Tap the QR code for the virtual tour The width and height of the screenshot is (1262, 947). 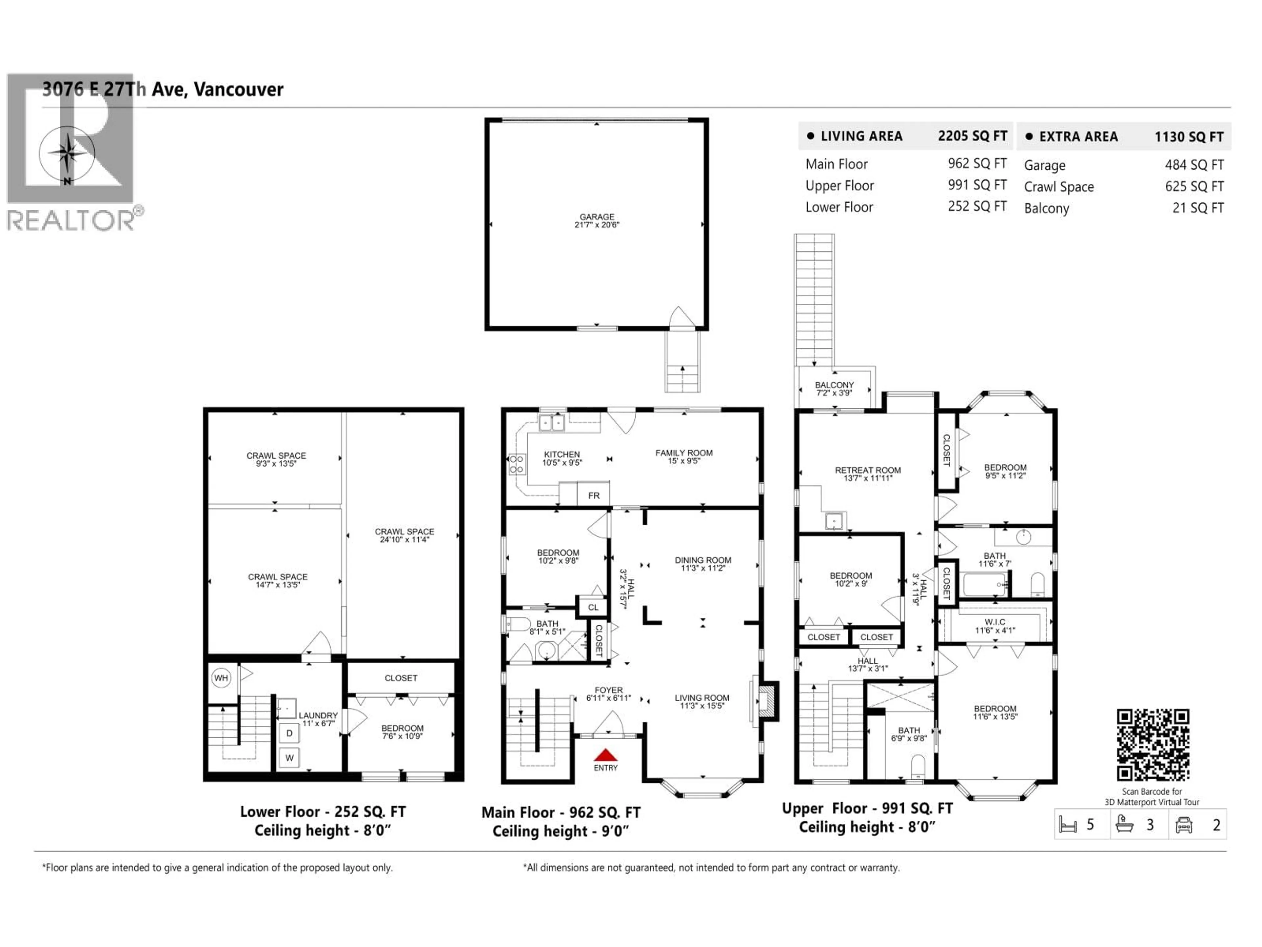pyautogui.click(x=1153, y=745)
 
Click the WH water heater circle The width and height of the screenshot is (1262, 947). pyautogui.click(x=221, y=678)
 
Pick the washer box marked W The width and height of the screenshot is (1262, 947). pyautogui.click(x=289, y=758)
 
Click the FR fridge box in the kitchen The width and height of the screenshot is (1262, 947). pyautogui.click(x=593, y=496)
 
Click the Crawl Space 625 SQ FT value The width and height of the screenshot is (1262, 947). pyautogui.click(x=1194, y=187)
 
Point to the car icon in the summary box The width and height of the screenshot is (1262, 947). pyautogui.click(x=1184, y=825)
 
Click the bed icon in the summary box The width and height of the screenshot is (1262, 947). pyautogui.click(x=1067, y=825)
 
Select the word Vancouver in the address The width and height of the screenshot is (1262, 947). pyautogui.click(x=239, y=90)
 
